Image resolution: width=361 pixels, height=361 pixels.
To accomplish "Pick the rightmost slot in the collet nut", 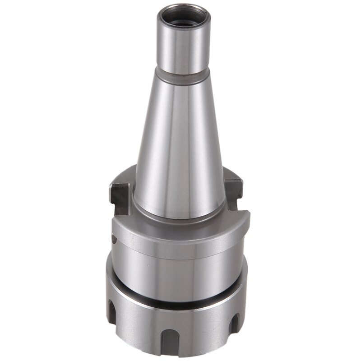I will point(234,325).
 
